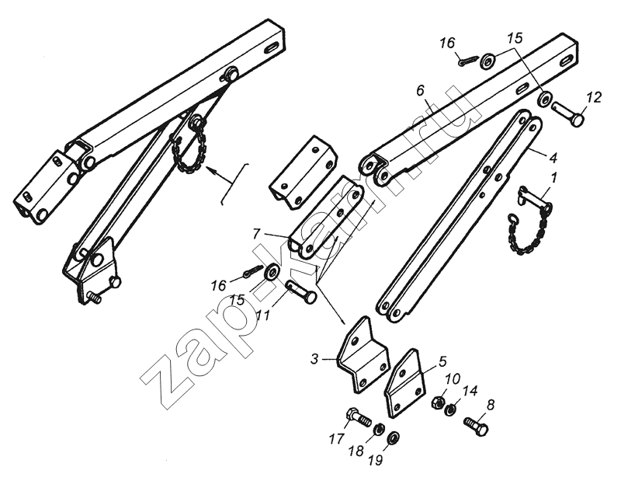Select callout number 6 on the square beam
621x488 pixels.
pyautogui.click(x=420, y=91)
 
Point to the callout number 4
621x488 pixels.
pyautogui.click(x=553, y=158)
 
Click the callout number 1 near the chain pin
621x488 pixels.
pyautogui.click(x=554, y=178)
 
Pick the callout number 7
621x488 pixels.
pyautogui.click(x=257, y=234)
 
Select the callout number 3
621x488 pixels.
pyautogui.click(x=314, y=359)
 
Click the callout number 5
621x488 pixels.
pyautogui.click(x=442, y=361)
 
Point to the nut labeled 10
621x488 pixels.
pyautogui.click(x=437, y=402)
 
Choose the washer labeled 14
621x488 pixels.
pyautogui.click(x=449, y=409)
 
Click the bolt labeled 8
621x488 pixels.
pyautogui.click(x=476, y=427)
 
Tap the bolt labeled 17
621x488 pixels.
pyautogui.click(x=359, y=417)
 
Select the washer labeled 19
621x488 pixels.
pyautogui.click(x=394, y=437)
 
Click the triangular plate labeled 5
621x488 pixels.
pyautogui.click(x=404, y=383)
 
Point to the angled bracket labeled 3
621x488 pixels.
pyautogui.click(x=363, y=355)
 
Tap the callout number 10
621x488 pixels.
pyautogui.click(x=453, y=379)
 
